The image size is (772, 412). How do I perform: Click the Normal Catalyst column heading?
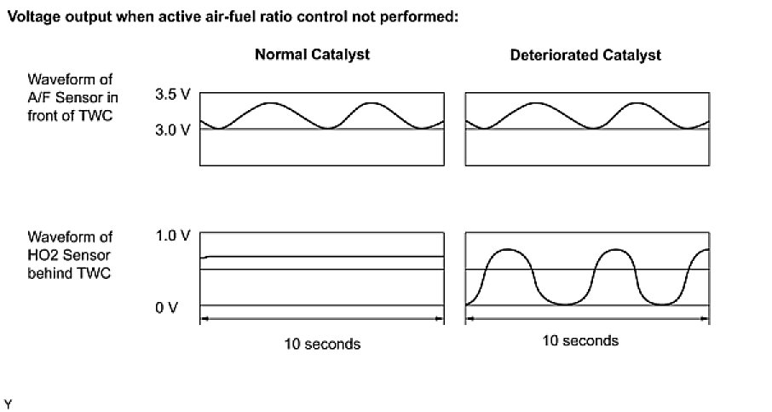[x=312, y=55]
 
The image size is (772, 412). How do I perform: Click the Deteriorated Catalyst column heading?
[x=585, y=55]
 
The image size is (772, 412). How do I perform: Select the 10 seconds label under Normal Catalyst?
[x=322, y=345]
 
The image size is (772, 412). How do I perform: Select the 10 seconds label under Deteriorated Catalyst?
[x=579, y=341]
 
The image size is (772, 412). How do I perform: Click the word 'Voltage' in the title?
[x=31, y=17]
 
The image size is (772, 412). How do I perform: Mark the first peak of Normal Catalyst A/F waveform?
[x=269, y=103]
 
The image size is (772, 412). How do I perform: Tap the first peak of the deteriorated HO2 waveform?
[x=506, y=250]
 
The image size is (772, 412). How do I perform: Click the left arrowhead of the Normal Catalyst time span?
[x=203, y=321]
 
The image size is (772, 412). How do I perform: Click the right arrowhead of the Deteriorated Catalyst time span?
[x=706, y=321]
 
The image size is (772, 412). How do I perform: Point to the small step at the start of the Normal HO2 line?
[x=205, y=257]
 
